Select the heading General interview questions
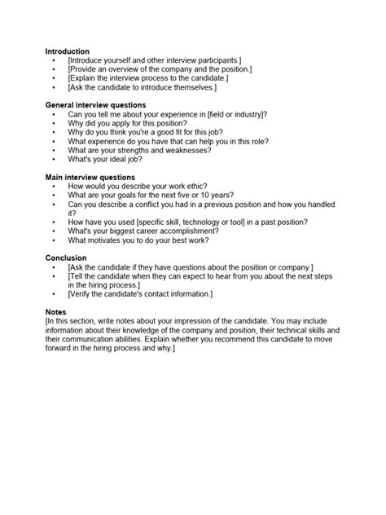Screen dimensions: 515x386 pyautogui.click(x=96, y=105)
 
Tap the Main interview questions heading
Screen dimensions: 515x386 pyautogui.click(x=90, y=177)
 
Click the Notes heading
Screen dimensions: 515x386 pyautogui.click(x=57, y=311)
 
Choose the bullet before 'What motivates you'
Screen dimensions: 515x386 pyautogui.click(x=53, y=240)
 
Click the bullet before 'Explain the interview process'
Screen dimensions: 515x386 pyautogui.click(x=53, y=78)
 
